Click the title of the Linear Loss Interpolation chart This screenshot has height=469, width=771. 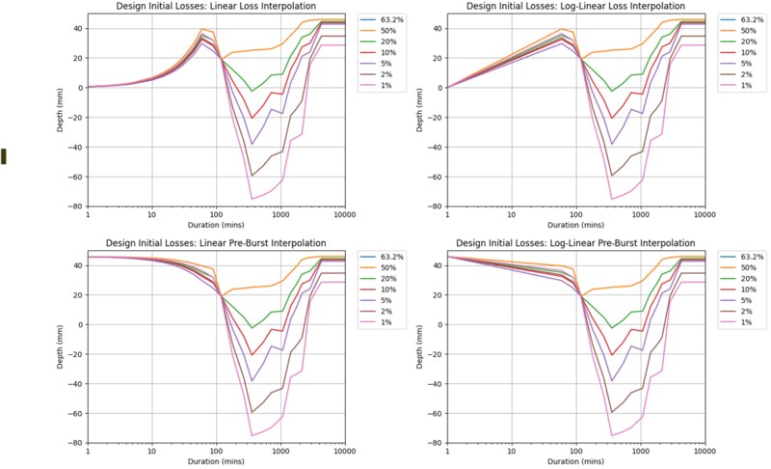coord(217,8)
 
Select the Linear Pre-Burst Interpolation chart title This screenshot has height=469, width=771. coord(217,245)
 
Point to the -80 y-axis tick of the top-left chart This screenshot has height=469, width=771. coord(75,207)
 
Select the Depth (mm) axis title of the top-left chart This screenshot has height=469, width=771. coord(60,110)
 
